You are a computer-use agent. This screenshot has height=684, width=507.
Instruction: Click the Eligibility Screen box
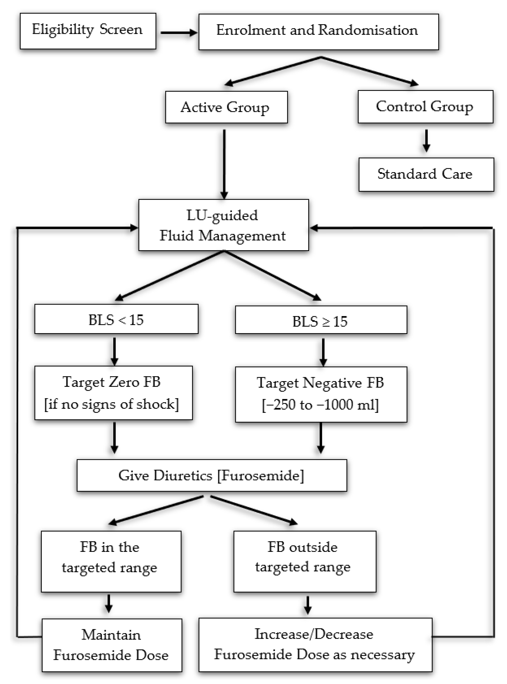88,31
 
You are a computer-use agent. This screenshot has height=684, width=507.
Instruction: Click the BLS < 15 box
116,319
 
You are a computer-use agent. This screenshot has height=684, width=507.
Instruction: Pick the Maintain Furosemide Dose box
112,645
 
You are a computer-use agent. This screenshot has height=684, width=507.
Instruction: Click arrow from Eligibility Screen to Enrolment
178,33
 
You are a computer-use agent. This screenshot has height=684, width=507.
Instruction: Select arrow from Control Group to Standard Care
426,140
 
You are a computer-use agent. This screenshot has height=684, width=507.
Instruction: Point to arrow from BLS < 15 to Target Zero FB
114,350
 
